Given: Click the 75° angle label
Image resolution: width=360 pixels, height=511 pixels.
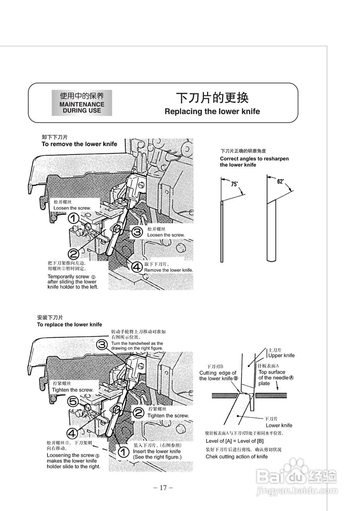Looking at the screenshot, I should click(x=234, y=184).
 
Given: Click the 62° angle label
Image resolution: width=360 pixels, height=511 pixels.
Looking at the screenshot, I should click(x=281, y=181).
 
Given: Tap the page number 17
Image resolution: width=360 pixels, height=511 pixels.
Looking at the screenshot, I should click(x=163, y=487).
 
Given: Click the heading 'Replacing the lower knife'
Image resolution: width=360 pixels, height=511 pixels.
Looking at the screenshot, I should click(x=212, y=111).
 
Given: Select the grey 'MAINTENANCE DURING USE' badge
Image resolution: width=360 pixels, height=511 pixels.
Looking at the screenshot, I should click(x=82, y=103).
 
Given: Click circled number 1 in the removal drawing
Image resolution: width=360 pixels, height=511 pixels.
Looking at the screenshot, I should click(x=73, y=218).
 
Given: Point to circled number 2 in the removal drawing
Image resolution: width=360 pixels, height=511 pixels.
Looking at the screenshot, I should click(x=73, y=253).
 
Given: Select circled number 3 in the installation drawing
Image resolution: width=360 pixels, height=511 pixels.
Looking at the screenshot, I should click(x=102, y=344).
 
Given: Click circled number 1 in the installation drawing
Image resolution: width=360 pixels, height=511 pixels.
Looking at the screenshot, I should click(x=123, y=452).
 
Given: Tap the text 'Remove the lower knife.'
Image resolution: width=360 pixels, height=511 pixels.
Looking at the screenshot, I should click(x=168, y=270).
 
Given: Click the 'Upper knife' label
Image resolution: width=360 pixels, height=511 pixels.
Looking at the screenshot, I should click(x=281, y=355).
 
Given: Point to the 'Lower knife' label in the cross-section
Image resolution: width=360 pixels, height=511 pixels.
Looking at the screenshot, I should click(x=279, y=425).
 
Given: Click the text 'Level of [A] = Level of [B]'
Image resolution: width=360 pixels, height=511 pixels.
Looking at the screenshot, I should click(x=234, y=441).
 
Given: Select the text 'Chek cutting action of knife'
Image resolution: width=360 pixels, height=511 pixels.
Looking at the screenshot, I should click(x=237, y=456).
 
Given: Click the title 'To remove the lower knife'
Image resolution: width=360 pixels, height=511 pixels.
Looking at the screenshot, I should click(x=79, y=144).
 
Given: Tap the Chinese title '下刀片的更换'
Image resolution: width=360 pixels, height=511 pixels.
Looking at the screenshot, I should click(x=212, y=98).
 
